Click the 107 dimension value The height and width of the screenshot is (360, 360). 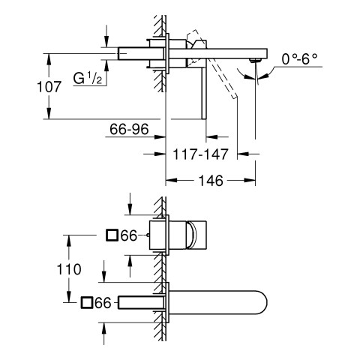coord(49,87)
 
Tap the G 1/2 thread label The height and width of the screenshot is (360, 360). coord(88,78)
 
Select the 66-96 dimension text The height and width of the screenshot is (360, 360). coord(129,129)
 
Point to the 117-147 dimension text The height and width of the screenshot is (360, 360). coord(200,154)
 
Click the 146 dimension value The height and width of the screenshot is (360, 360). coord(211,181)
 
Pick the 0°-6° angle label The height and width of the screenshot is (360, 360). coord(299,59)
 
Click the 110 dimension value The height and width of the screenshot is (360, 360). coord(69,269)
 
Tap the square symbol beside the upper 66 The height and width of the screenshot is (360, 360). coord(112,235)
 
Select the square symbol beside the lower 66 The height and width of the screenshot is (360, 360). coord(87,302)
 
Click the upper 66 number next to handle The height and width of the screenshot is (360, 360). coord(129,235)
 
